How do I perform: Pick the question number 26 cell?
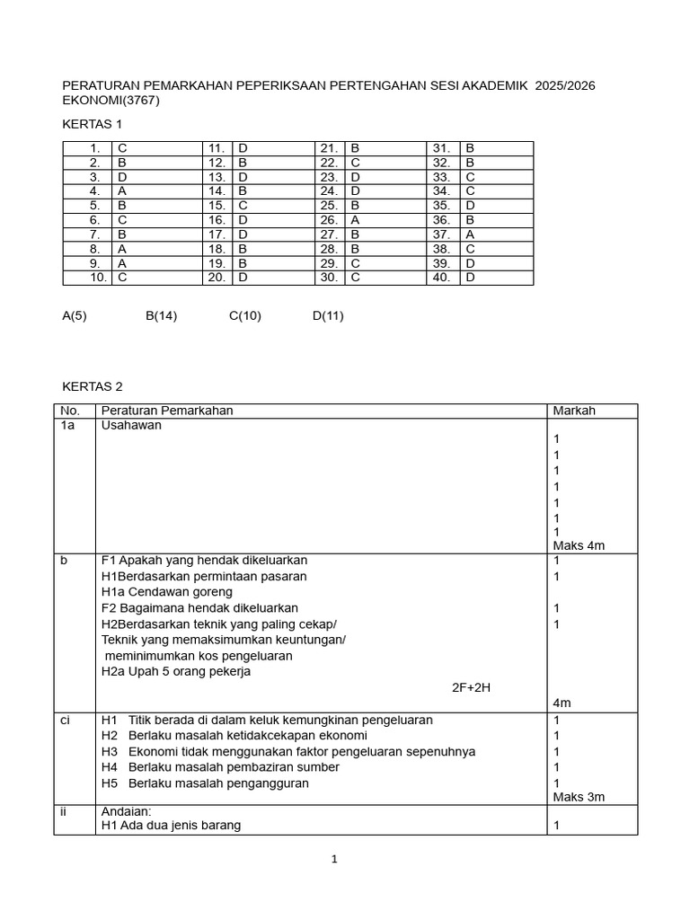tap(328, 220)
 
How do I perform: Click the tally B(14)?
tap(162, 315)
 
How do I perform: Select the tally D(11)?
tap(328, 315)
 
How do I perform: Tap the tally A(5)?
tap(75, 315)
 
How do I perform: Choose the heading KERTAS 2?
tap(92, 386)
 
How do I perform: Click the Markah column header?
tap(574, 411)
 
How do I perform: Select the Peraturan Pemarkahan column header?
tap(167, 411)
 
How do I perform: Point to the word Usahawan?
tap(131, 426)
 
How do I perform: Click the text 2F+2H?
tap(472, 688)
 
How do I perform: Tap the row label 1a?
tap(67, 426)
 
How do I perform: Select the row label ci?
tap(66, 721)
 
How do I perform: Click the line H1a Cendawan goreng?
tap(167, 592)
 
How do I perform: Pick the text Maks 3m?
tap(579, 797)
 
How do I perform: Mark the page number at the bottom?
tap(334, 860)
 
